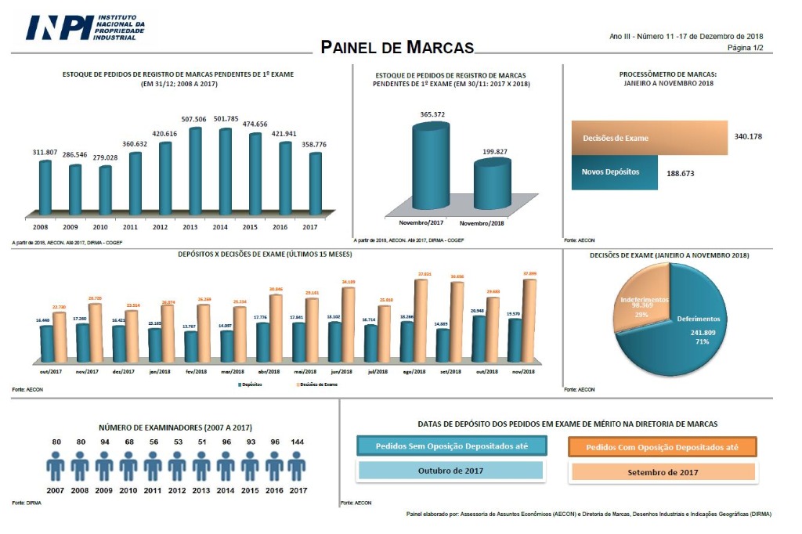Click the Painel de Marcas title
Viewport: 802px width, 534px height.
pos(398,47)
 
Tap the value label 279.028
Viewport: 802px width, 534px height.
pos(105,157)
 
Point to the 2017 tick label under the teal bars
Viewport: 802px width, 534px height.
pos(309,226)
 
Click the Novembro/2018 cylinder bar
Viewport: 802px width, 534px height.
pos(491,185)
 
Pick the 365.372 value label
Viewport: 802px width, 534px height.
pos(432,114)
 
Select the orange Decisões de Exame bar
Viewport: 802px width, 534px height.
pos(649,138)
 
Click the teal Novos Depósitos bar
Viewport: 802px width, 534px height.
pos(614,171)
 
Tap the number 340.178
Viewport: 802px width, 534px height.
pos(748,136)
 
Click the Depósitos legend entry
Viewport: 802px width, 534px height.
pos(250,385)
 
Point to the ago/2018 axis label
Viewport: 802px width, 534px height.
pos(412,371)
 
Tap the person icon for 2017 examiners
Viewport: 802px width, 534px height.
pos(296,467)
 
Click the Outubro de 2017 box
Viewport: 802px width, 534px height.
pos(450,471)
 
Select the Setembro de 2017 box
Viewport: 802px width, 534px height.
pos(662,472)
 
